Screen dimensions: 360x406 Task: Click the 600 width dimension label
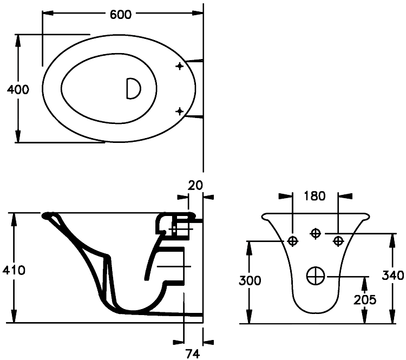click(121, 15)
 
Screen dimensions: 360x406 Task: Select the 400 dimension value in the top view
click(18, 89)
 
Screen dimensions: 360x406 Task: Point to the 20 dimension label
click(195, 185)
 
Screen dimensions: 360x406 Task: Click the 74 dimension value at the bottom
click(193, 354)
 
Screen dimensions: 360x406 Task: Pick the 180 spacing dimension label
click(315, 195)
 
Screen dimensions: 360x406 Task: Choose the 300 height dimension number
click(250, 280)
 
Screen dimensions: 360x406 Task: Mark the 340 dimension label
click(392, 275)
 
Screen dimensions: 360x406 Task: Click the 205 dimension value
click(366, 299)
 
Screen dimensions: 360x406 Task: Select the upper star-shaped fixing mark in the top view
click(180, 66)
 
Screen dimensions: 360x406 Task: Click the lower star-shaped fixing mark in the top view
click(180, 112)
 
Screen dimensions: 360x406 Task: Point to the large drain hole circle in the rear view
click(315, 276)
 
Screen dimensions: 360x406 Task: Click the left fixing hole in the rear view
click(293, 241)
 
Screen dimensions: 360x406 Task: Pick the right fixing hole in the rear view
click(338, 240)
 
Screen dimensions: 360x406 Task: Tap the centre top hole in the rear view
click(315, 233)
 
